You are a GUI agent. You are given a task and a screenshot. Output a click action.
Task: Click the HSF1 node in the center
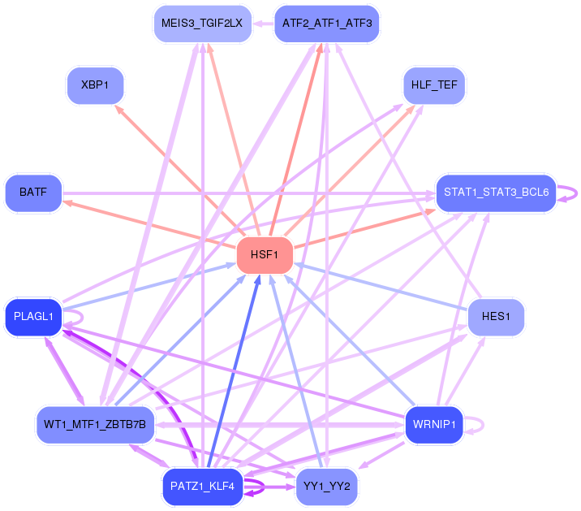point(265,255)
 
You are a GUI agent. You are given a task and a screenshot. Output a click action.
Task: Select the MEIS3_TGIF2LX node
point(202,23)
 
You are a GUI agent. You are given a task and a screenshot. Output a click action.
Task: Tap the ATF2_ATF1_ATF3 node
point(327,23)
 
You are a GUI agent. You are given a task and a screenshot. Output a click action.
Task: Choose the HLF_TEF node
point(434,84)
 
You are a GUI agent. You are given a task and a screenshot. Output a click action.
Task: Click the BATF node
point(33,193)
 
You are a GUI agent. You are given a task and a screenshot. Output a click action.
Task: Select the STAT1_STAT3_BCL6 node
point(496,193)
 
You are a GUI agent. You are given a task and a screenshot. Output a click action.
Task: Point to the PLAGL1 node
point(33,317)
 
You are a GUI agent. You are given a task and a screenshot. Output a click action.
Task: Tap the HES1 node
point(496,317)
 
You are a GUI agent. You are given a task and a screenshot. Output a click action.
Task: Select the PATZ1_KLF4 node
point(202,487)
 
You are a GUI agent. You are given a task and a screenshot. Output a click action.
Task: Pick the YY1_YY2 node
point(327,487)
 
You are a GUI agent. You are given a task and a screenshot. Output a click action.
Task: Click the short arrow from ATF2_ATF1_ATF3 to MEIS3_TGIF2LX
point(263,24)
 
